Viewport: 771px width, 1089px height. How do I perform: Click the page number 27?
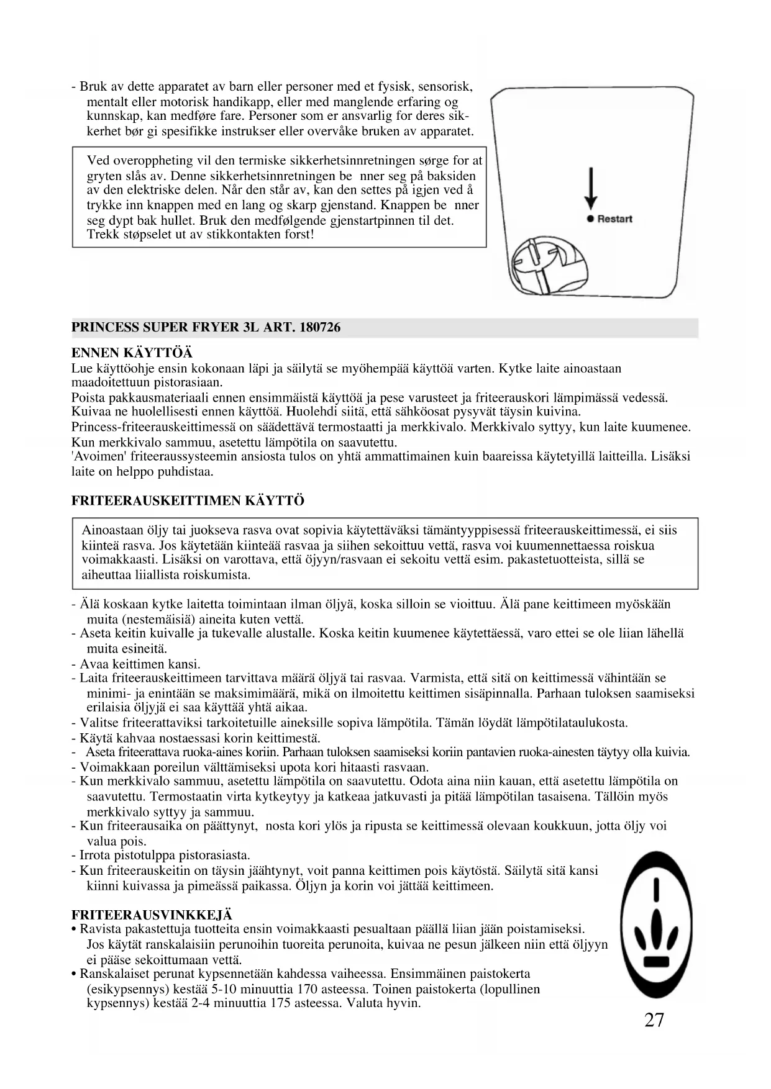click(x=654, y=1020)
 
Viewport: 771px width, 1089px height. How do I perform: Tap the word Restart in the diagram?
click(x=614, y=219)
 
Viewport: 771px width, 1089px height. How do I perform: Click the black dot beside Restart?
click(x=591, y=219)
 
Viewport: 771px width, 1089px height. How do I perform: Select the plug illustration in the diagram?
click(x=546, y=265)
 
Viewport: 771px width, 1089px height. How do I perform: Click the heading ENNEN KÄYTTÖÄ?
click(x=132, y=353)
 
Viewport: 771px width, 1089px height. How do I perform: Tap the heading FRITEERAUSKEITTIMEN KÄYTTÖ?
click(x=188, y=501)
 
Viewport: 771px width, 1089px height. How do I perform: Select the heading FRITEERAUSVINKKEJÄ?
click(x=152, y=915)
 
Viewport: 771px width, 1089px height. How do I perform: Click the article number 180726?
click(x=319, y=327)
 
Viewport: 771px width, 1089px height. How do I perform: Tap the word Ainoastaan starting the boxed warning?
click(x=112, y=530)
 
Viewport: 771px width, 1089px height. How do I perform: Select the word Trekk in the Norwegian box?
click(x=102, y=235)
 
